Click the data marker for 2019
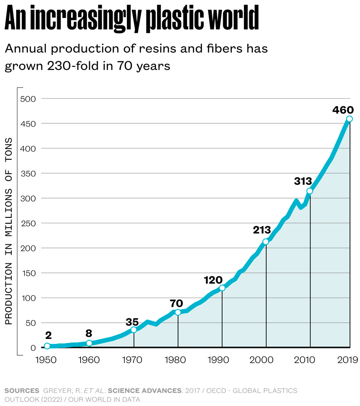point(349,119)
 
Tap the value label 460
point(342,110)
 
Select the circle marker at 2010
point(310,191)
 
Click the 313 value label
point(303,181)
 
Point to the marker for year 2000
point(265,242)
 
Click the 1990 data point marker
point(222,288)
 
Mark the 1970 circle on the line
point(134,330)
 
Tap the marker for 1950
point(47,346)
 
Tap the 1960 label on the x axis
point(89,360)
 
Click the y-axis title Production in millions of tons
point(9,231)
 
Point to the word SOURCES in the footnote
point(22,390)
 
